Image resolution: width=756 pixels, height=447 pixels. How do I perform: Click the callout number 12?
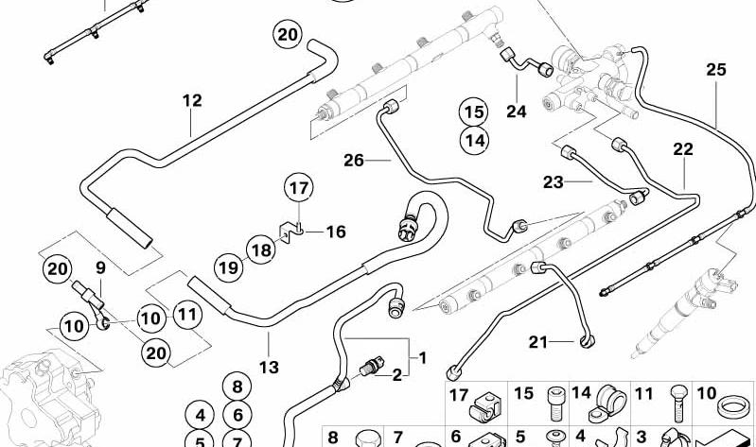tap(192, 101)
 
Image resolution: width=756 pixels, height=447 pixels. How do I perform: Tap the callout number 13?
tap(269, 368)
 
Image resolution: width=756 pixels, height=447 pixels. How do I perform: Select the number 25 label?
tap(716, 70)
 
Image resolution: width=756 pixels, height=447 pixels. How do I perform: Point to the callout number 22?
tap(683, 149)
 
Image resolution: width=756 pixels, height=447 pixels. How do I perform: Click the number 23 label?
tap(553, 182)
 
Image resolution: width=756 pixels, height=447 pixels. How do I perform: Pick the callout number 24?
tap(517, 112)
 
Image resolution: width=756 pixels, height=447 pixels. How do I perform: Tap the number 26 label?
tap(354, 161)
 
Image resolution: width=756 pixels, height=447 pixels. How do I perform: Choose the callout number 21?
tap(538, 342)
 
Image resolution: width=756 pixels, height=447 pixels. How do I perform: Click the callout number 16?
tap(336, 232)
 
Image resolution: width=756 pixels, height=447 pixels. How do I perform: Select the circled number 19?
tap(229, 266)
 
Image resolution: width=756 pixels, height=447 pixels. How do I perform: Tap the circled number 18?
tap(261, 250)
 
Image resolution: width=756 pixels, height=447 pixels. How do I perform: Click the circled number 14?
tap(474, 141)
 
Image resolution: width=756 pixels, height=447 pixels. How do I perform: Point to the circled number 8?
tap(237, 387)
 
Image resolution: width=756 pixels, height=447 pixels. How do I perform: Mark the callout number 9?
tap(100, 267)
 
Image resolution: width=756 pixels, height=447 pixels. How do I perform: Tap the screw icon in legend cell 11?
tap(677, 404)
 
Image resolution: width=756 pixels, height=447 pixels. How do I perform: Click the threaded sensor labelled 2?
tap(372, 367)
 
